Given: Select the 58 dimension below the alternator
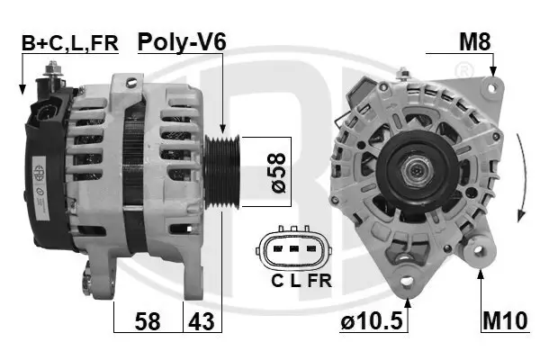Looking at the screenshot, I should point(148,319).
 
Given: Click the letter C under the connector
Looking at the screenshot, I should point(277,281).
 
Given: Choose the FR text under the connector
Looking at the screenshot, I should point(319,281).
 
